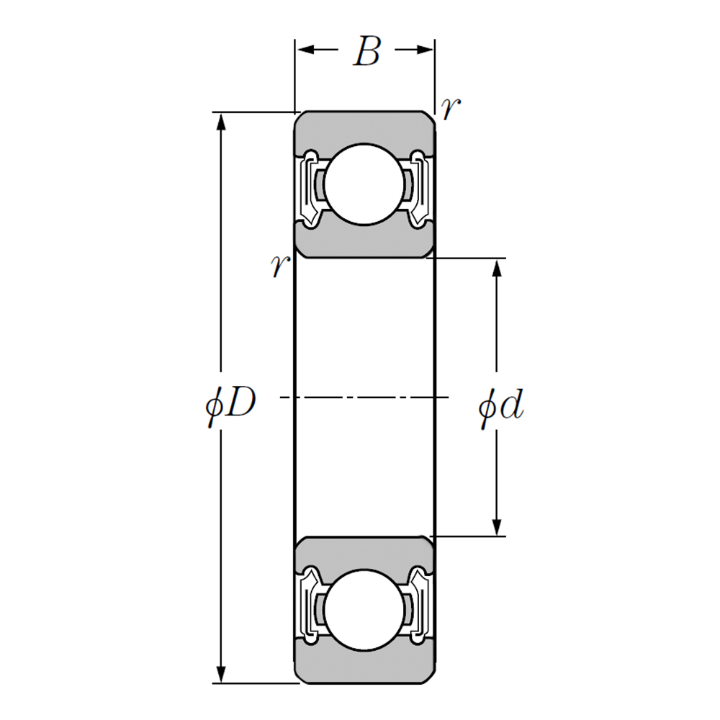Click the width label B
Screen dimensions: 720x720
366,52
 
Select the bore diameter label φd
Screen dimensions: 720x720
500,408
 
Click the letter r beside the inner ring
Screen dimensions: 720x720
279,266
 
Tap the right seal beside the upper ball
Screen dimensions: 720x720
420,185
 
